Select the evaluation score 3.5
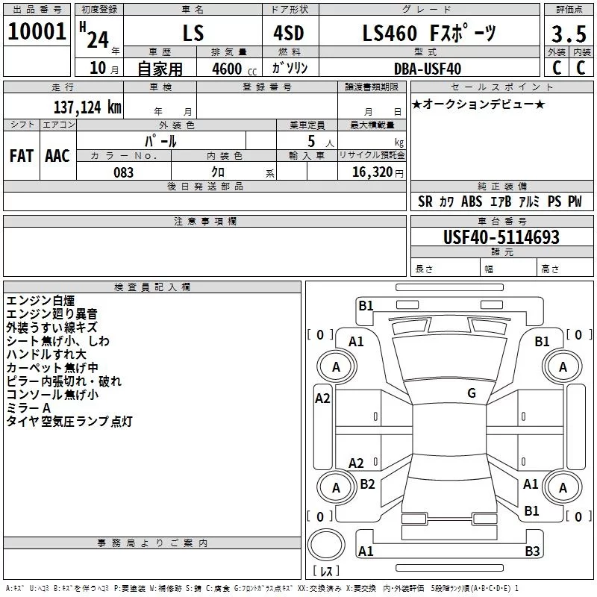[x=569, y=34]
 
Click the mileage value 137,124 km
[x=87, y=106]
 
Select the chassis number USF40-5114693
[x=501, y=237]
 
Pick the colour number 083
[x=123, y=172]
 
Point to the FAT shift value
[x=22, y=156]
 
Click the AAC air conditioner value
[x=57, y=156]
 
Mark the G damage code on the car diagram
[x=471, y=393]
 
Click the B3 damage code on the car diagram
[x=531, y=551]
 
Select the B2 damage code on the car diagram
[x=367, y=484]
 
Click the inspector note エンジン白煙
[x=40, y=301]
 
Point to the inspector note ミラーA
[x=28, y=408]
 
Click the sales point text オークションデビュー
[x=478, y=104]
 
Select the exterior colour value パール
[x=160, y=140]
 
